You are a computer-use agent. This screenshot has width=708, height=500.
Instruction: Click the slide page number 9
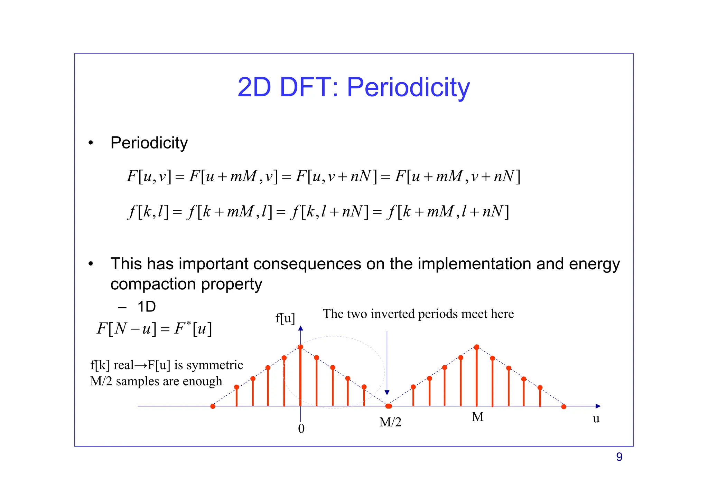(x=619, y=457)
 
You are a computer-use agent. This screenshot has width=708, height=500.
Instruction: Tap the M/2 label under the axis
(x=390, y=422)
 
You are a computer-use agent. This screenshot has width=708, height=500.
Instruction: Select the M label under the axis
(x=477, y=417)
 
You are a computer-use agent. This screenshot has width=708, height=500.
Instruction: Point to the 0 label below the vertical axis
(x=301, y=429)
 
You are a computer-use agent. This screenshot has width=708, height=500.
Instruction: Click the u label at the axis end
(x=596, y=419)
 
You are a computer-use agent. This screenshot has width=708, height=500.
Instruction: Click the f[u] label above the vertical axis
(x=285, y=318)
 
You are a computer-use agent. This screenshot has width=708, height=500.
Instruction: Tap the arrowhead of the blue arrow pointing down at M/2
(x=387, y=393)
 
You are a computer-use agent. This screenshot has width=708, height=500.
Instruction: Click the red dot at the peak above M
(x=476, y=347)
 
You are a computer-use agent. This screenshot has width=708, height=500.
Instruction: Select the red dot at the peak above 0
(x=300, y=347)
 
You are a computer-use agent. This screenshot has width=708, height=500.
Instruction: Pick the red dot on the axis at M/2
(x=389, y=406)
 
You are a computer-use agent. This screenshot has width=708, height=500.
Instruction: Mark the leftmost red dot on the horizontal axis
(x=213, y=406)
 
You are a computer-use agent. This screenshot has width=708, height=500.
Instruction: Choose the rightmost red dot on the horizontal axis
(x=564, y=406)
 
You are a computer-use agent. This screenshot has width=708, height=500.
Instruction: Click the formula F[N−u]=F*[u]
(x=154, y=328)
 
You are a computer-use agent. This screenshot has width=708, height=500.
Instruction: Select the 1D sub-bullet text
(x=147, y=307)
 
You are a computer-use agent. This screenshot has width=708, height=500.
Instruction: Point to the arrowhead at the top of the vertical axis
(x=300, y=328)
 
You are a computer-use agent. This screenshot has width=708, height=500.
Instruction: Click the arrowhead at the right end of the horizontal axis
(x=598, y=406)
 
